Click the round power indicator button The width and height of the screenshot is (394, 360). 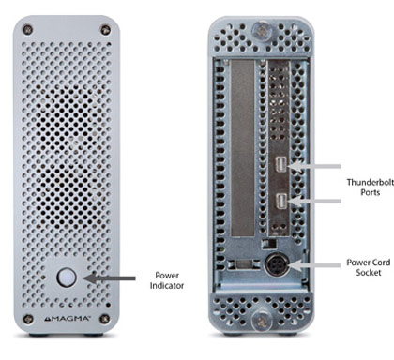click(67, 277)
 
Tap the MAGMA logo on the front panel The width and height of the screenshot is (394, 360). click(67, 319)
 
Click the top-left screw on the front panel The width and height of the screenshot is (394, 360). click(27, 30)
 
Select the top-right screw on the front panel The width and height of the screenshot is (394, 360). click(105, 30)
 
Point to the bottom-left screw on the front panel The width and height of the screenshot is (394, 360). click(28, 319)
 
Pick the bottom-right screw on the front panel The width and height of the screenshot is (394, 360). click(104, 319)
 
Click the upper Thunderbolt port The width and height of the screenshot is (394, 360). click(281, 164)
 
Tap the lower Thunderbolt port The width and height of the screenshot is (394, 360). click(281, 201)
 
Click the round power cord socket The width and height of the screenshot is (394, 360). click(277, 264)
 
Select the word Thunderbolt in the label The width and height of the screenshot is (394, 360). click(371, 182)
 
